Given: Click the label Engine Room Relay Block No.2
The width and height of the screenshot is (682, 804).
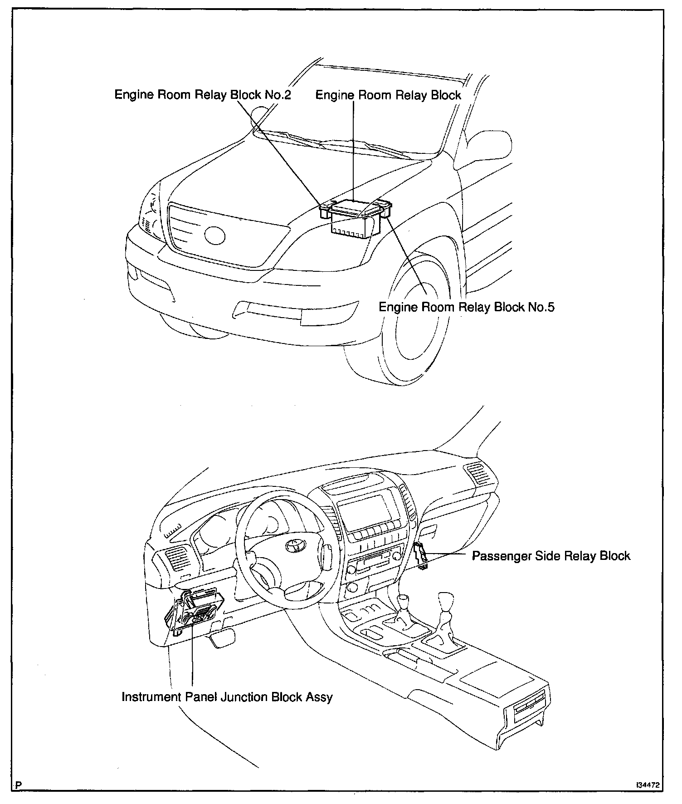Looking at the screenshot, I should (x=202, y=95).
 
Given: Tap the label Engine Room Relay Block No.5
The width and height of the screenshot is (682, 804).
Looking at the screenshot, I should (x=466, y=307).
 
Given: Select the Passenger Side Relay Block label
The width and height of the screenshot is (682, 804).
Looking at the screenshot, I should (x=551, y=556).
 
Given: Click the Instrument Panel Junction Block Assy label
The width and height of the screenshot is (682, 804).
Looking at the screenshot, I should (x=227, y=697).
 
